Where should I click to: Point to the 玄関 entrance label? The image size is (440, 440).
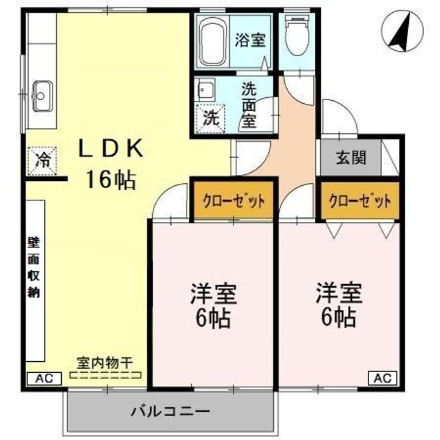(351, 158)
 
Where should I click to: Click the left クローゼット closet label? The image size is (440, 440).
(234, 200)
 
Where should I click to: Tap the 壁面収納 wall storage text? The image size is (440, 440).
(33, 267)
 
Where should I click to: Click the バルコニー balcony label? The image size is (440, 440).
(170, 411)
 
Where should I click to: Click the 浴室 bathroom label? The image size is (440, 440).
(250, 40)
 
